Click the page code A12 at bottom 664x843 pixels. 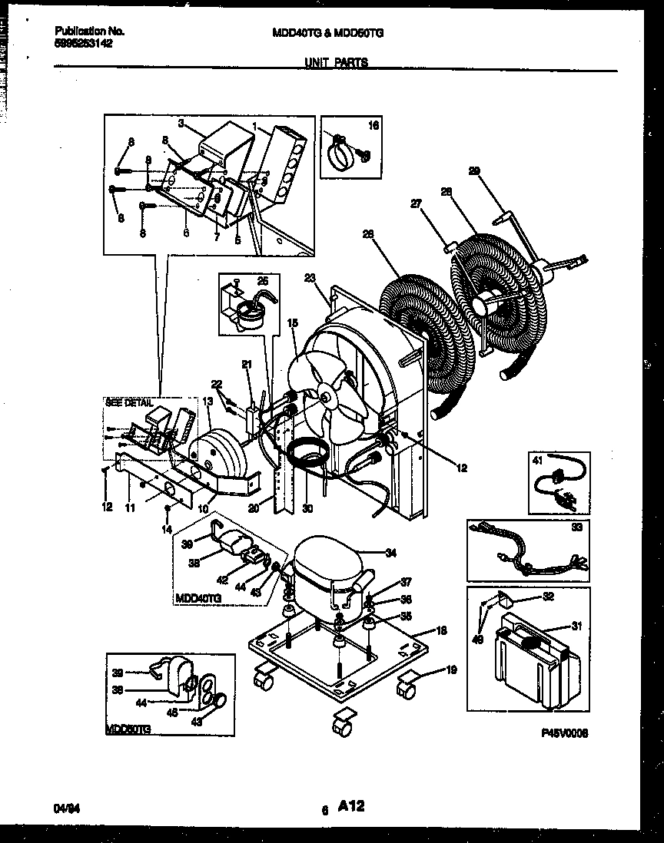coord(350,805)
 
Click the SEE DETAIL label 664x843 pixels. coord(128,402)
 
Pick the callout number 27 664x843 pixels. coord(417,203)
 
